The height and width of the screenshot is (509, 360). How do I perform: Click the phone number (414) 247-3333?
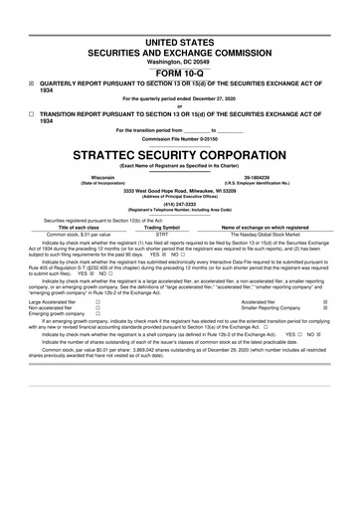180,205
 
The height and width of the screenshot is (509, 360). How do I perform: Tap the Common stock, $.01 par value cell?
76,235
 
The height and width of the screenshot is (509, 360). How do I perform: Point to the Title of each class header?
76,228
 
